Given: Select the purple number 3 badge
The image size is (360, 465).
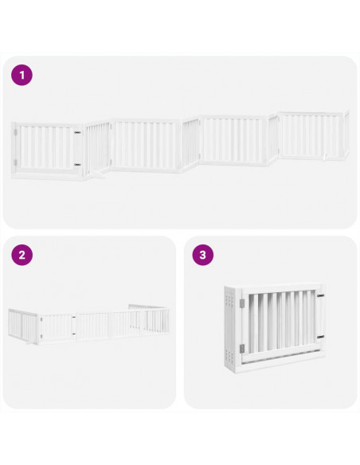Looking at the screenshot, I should tap(204, 256).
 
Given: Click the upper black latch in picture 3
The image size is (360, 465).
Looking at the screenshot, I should tap(322, 299).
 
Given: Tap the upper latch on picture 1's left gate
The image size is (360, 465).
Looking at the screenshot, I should tap(77, 132).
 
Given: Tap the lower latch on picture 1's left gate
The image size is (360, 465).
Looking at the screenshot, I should tap(77, 164).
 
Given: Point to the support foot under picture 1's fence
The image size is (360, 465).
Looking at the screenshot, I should tap(97, 170).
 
